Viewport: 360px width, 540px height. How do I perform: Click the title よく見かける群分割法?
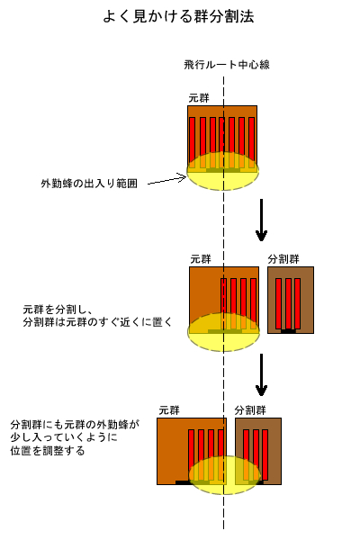click(x=178, y=16)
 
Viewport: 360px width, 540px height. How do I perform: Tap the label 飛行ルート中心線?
click(x=226, y=65)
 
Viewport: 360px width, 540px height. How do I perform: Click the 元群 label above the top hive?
click(x=199, y=98)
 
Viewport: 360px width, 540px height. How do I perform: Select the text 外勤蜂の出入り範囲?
click(x=89, y=184)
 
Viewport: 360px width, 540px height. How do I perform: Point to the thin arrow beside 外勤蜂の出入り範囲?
click(x=167, y=180)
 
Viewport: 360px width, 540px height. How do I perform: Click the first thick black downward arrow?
click(x=261, y=220)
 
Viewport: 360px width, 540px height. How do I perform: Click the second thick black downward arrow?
click(x=261, y=375)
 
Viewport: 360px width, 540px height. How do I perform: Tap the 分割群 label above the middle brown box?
click(x=283, y=259)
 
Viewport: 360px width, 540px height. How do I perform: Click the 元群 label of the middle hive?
click(x=201, y=259)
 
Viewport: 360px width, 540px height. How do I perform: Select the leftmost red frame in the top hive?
click(x=193, y=144)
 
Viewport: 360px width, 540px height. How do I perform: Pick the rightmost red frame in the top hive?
click(x=251, y=144)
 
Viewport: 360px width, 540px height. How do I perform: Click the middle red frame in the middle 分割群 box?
click(x=288, y=304)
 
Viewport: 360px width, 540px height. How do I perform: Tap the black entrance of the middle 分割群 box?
click(x=288, y=331)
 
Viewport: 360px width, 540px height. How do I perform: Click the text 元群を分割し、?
click(x=58, y=310)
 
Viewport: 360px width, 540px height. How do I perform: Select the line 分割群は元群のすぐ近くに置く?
click(x=97, y=322)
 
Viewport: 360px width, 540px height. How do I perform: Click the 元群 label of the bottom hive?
click(x=169, y=410)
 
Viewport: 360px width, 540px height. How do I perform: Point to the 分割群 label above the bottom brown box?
click(x=250, y=410)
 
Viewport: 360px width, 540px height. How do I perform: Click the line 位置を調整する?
click(x=47, y=451)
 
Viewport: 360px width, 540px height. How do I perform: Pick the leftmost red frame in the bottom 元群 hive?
click(x=191, y=454)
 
